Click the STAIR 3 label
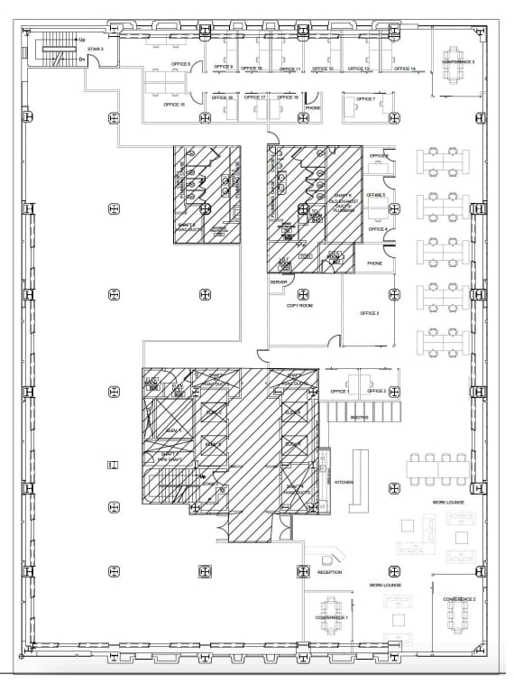click(x=96, y=49)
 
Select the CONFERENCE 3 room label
click(x=458, y=61)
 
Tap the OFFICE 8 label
click(x=181, y=64)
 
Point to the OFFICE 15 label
click(x=174, y=105)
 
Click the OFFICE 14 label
click(x=405, y=69)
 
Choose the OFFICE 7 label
click(x=365, y=98)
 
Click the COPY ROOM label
click(x=298, y=305)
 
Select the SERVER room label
click(x=277, y=282)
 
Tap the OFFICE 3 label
click(x=370, y=312)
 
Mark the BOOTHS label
click(x=359, y=418)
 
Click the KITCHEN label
click(x=344, y=482)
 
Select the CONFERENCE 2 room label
click(x=458, y=599)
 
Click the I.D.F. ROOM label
click(x=283, y=261)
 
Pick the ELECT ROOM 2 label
click(x=335, y=256)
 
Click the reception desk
click(x=326, y=552)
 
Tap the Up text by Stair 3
click(x=82, y=40)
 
